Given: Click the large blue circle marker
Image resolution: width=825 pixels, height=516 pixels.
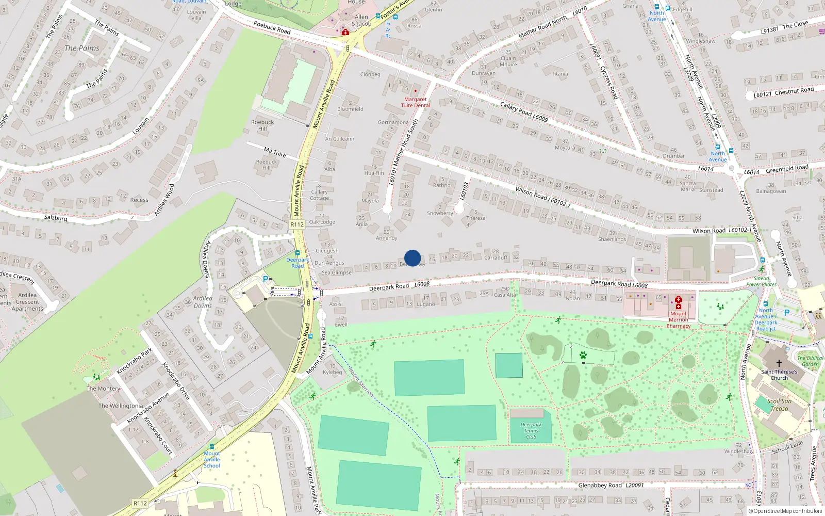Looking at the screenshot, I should point(412,258).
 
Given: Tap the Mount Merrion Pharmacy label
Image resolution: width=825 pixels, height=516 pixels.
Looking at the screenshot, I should point(678,319).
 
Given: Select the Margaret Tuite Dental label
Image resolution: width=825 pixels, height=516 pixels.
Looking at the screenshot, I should point(415,102).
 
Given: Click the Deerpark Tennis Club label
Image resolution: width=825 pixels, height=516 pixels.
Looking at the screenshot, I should point(531,430).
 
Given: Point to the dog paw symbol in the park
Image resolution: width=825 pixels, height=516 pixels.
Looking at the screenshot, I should point(583,355).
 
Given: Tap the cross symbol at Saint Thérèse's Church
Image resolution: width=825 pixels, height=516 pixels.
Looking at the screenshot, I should point(779,363).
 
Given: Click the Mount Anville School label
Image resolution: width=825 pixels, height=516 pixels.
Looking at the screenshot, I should point(211,459).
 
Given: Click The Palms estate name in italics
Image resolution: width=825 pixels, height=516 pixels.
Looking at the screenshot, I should point(82,48).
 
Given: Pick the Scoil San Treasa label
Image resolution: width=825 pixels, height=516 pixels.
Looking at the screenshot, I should point(779,405).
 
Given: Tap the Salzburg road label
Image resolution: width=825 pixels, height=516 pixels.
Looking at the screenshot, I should point(56,218).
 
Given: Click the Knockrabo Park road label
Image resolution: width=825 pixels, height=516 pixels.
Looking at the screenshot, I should point(135,361).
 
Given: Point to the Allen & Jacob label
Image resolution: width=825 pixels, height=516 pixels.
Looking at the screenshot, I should point(361,20).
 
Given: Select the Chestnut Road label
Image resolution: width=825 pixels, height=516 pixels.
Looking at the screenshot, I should point(783,92).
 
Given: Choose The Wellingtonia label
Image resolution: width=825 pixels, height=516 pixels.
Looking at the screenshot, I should point(121,406).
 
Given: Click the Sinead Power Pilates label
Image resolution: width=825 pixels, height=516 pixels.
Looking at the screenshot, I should point(761,281).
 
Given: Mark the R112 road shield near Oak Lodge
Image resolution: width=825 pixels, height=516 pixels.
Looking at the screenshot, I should point(297,224).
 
